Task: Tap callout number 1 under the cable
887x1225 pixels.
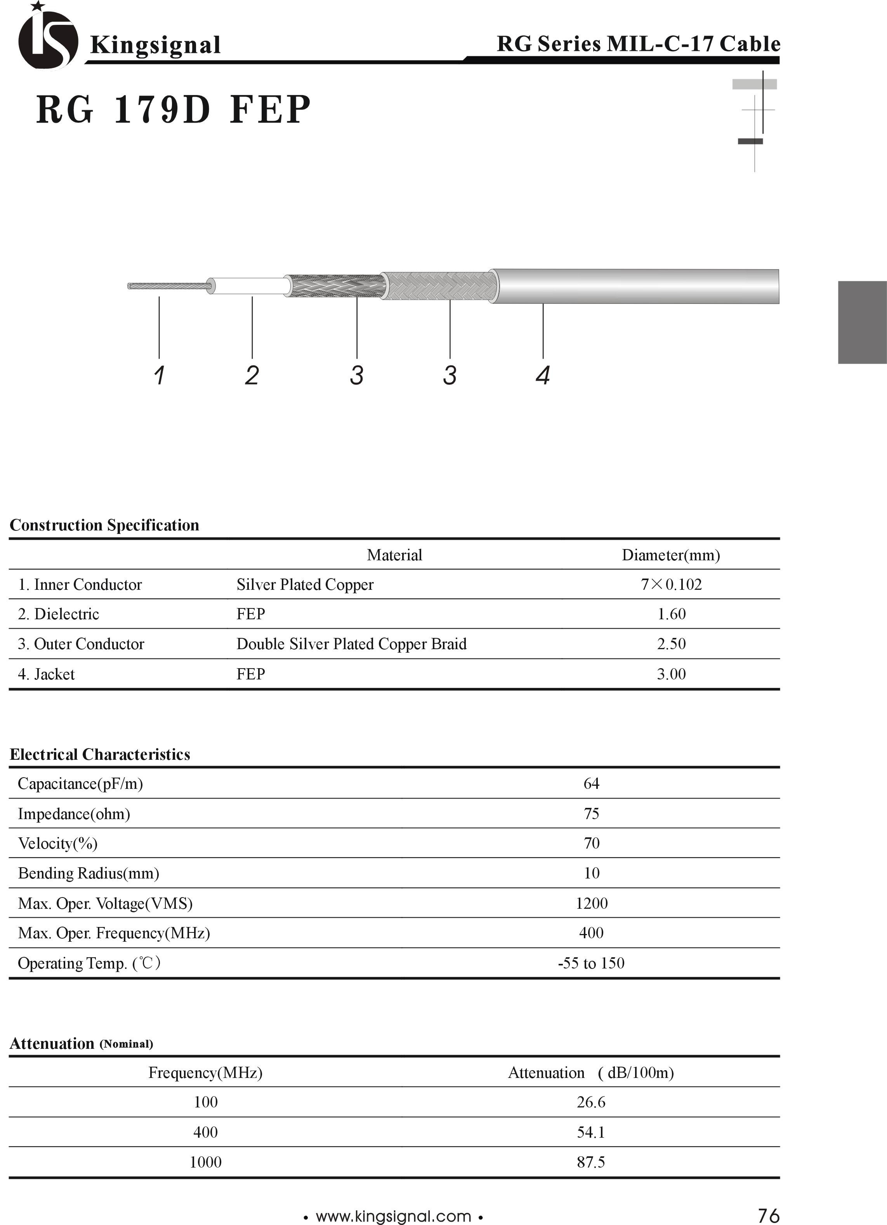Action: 159,375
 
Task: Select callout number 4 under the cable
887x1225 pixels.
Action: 543,375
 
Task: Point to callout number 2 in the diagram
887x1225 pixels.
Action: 252,375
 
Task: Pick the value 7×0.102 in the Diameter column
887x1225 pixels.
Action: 671,584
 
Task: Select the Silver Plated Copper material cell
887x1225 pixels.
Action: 305,584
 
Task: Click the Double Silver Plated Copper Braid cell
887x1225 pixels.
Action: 351,644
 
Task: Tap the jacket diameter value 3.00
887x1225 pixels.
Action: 671,674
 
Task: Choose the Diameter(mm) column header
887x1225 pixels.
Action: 670,555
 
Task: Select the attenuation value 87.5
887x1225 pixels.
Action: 590,1162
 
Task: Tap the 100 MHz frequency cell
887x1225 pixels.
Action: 205,1102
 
